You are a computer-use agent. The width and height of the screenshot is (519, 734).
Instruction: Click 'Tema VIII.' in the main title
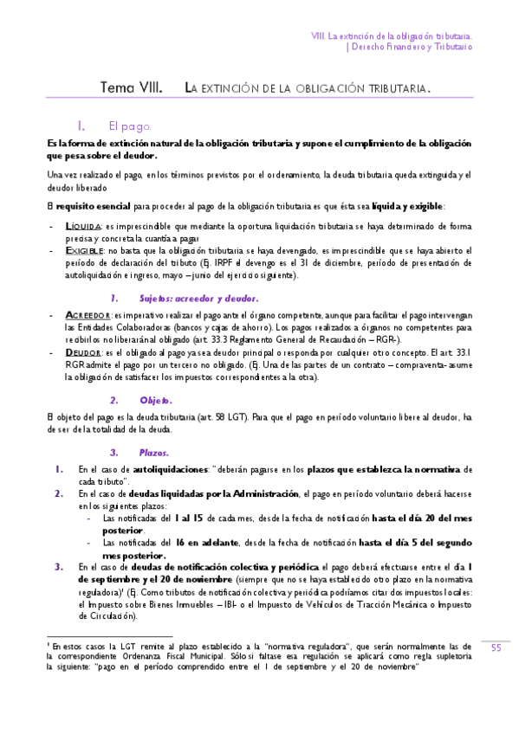(127, 88)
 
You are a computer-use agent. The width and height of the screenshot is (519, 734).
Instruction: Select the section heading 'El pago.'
(130, 126)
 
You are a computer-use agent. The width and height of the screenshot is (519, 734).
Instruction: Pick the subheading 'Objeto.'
(156, 401)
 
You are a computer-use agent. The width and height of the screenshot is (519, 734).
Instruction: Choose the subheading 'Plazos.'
(154, 453)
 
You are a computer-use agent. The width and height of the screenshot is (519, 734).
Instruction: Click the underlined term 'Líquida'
(85, 226)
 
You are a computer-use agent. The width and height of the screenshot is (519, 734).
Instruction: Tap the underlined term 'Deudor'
(83, 353)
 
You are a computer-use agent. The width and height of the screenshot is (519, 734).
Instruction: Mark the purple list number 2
(58, 493)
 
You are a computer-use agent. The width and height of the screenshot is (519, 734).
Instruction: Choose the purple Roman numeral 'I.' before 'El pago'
(82, 126)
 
